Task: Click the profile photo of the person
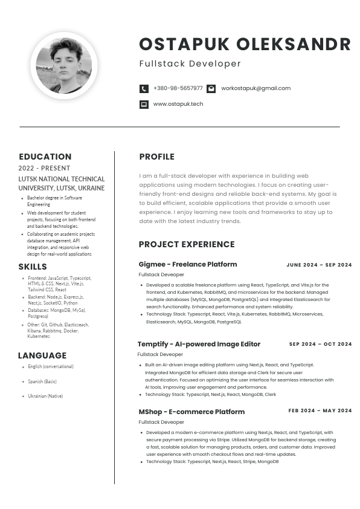click(x=64, y=65)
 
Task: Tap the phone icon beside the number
click(x=144, y=88)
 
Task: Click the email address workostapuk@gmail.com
click(x=256, y=88)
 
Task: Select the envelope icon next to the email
click(x=211, y=88)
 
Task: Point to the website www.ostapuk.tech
click(x=178, y=104)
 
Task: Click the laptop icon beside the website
click(x=144, y=104)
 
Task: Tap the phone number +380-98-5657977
click(x=178, y=88)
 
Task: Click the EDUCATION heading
click(x=45, y=157)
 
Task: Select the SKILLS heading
click(x=33, y=267)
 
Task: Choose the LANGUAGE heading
click(x=42, y=355)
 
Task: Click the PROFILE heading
click(x=156, y=157)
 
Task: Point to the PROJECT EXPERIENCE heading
click(x=187, y=244)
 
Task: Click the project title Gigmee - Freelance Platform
click(x=188, y=264)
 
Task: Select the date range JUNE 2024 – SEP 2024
click(x=319, y=265)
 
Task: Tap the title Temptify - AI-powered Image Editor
click(x=199, y=344)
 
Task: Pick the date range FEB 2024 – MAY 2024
click(x=320, y=411)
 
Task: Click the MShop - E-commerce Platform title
click(x=191, y=412)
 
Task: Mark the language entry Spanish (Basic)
click(x=42, y=381)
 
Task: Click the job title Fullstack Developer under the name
click(x=190, y=63)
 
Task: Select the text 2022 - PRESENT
click(x=44, y=168)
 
